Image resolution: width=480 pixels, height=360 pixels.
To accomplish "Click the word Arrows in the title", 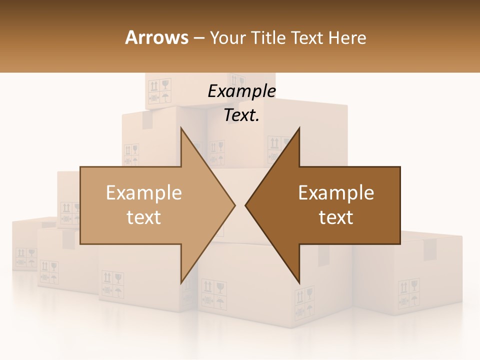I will pos(156,37).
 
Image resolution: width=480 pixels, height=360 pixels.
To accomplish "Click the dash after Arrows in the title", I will pos(198,38).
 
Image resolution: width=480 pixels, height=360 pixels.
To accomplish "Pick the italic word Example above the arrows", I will pos(241,91).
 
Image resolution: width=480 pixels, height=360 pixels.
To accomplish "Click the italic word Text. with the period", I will pos(241,115).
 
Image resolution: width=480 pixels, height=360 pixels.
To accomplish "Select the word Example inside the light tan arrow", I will pos(144,193).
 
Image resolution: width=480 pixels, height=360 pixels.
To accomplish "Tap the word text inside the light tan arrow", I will pos(144,217).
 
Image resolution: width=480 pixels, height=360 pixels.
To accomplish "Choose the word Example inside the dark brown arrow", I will pos(336,193).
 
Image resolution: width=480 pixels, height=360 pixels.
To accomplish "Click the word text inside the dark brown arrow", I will pos(336,217).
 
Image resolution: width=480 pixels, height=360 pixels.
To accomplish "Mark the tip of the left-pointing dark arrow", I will pos(246,205).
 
